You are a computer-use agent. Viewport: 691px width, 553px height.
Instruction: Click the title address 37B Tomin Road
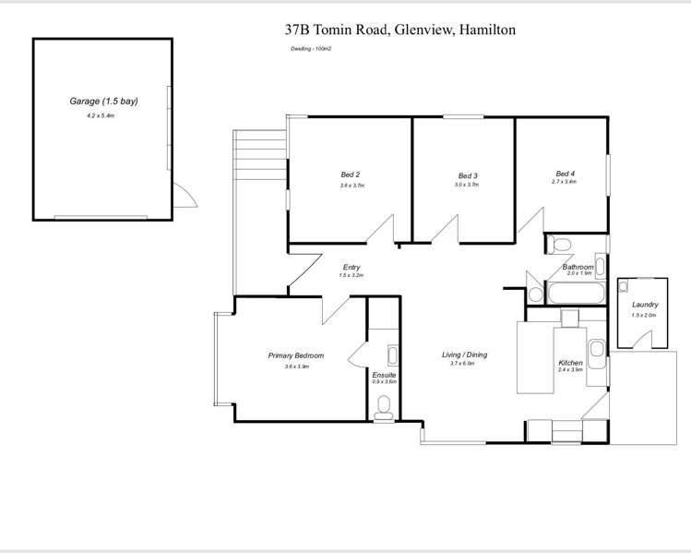pos(399,30)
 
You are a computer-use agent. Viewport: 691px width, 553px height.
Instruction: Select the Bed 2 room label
pos(350,174)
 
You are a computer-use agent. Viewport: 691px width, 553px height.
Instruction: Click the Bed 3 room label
pos(468,175)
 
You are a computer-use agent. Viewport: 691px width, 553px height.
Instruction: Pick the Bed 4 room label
pos(566,173)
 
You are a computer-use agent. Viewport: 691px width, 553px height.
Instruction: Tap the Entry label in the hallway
pos(351,267)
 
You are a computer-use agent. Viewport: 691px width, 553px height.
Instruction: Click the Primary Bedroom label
pos(296,355)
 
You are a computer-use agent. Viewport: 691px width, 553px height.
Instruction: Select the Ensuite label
pos(384,375)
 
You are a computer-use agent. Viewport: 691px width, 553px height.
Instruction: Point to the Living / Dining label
pos(464,355)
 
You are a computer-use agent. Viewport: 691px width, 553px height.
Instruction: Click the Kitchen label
pos(570,363)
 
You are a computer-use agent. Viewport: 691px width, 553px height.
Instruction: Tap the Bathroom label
pos(578,266)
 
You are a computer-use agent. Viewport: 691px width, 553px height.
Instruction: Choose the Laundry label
pos(645,305)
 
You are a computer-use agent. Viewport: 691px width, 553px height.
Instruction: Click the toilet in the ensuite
pos(385,404)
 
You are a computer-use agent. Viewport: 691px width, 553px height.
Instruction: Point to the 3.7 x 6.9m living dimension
pos(462,364)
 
